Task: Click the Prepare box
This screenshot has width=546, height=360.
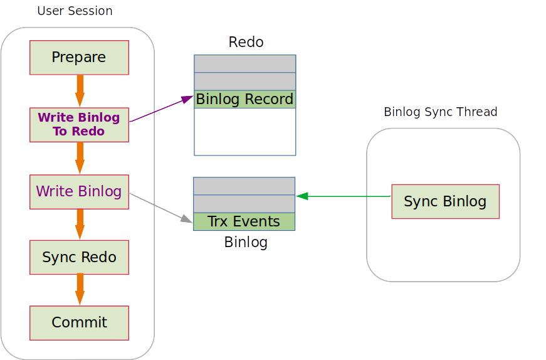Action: [79, 58]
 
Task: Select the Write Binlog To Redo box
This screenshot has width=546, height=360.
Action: [79, 124]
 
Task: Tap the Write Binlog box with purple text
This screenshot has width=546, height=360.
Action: [79, 191]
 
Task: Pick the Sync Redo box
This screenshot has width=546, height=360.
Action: [79, 257]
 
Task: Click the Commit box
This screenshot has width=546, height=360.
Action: [79, 323]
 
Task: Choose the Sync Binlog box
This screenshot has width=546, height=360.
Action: [445, 201]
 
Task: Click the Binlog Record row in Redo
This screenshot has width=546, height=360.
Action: [244, 99]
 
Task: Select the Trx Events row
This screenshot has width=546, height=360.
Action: [244, 221]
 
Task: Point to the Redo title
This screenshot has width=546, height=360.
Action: [246, 42]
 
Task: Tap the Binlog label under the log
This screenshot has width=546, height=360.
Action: [246, 242]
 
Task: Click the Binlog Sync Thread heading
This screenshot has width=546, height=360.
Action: [440, 112]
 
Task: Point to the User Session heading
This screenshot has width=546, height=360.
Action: [75, 11]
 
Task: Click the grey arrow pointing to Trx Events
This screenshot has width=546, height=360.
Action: [160, 207]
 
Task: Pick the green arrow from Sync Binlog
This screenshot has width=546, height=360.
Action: [344, 196]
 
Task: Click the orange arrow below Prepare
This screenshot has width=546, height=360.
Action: [80, 91]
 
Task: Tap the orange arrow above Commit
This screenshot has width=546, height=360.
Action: [80, 290]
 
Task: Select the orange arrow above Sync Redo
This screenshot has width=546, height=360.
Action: [80, 224]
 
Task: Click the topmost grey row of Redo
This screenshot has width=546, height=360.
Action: [244, 63]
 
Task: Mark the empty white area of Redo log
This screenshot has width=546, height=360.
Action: [244, 132]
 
